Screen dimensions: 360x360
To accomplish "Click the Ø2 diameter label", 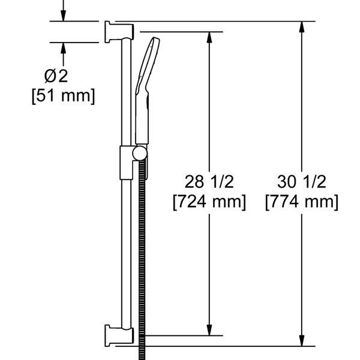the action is [x=56, y=76].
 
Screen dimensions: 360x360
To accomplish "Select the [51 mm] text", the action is [x=63, y=96].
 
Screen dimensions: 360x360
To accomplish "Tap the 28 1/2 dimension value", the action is [x=209, y=182].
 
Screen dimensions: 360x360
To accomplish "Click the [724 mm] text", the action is [x=209, y=202].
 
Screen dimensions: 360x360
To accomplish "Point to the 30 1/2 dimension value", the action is [x=302, y=182].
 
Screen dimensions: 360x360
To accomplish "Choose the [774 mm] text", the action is [x=302, y=202].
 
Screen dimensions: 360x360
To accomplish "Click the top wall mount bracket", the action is [x=119, y=32].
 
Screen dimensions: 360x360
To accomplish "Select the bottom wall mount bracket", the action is [x=119, y=335].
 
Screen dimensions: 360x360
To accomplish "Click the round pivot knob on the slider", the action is [x=139, y=154].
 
